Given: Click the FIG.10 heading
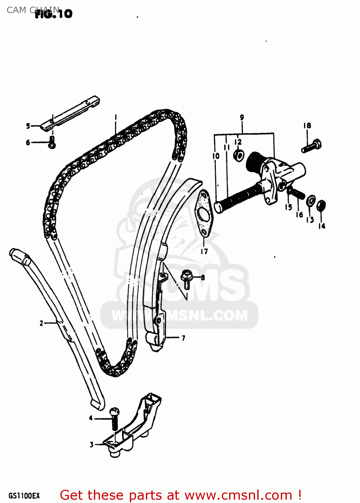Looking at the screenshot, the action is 54,13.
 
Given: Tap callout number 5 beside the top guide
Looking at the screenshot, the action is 28,126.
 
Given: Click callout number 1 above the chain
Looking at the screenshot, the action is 115,117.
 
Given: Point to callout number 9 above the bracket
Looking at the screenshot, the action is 242,117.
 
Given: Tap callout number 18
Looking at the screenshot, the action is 307,126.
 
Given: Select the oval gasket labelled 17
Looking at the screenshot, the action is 204,213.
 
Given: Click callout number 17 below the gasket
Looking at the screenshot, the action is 204,251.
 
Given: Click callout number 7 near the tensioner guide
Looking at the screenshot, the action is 183,338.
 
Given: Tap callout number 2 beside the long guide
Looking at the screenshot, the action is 41,323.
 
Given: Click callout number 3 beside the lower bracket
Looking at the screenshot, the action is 92,445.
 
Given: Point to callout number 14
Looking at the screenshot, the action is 322,226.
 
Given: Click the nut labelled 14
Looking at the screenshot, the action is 321,205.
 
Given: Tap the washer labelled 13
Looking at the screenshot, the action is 311,201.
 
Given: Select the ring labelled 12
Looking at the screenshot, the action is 239,155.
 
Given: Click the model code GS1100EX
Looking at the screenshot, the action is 24,496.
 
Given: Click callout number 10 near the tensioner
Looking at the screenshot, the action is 216,156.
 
